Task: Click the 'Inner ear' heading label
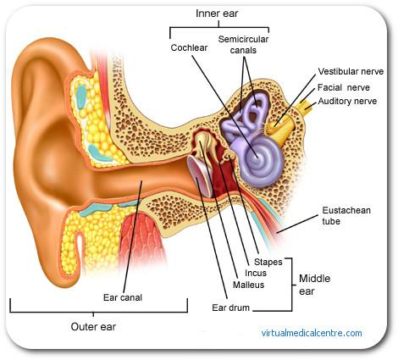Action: point(217,14)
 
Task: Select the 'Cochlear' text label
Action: point(189,47)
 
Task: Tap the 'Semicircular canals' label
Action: point(243,45)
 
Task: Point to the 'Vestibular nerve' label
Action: point(351,71)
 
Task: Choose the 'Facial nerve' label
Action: point(344,87)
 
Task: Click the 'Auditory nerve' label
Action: point(347,101)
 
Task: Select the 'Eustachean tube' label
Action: point(346,216)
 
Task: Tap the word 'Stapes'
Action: point(268,262)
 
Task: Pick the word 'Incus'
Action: point(256,273)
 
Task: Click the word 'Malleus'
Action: point(248,285)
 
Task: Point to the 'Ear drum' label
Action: point(230,307)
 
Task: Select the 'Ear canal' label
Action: point(123,297)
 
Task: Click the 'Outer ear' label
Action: point(93,327)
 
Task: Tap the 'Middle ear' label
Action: point(314,285)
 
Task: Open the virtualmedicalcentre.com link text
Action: point(312,333)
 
